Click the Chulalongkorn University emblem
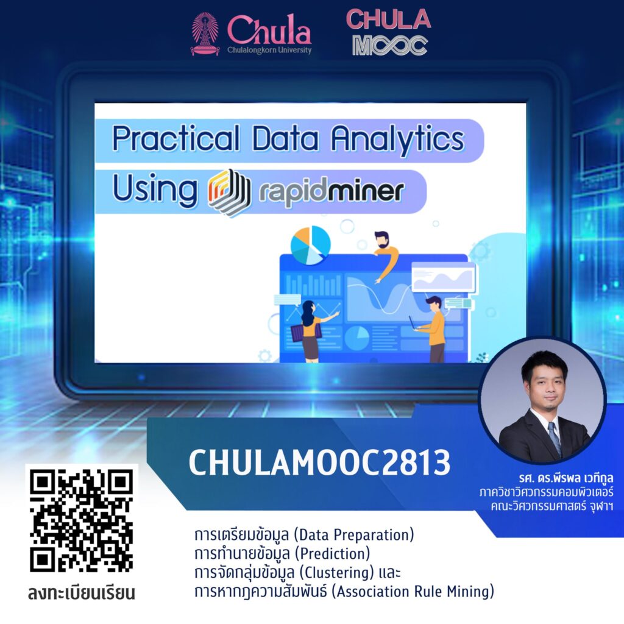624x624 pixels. [x=205, y=34]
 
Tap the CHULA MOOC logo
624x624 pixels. [x=388, y=32]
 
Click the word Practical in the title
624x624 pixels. [x=176, y=138]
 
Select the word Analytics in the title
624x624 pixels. [x=397, y=140]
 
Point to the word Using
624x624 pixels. [x=155, y=190]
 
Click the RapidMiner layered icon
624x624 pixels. [x=229, y=192]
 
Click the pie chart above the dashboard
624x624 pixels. [x=310, y=245]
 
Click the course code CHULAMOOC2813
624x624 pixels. [x=319, y=463]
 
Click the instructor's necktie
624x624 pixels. [x=555, y=439]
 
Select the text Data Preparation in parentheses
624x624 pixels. [x=354, y=535]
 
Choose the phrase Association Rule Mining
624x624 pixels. [x=413, y=591]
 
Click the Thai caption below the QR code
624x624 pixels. [x=82, y=592]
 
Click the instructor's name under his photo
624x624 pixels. [x=566, y=478]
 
